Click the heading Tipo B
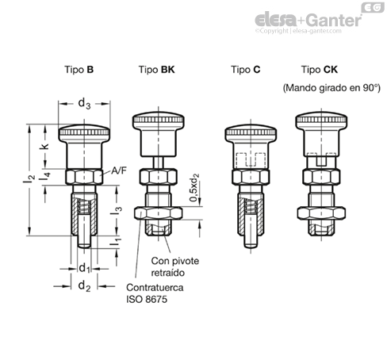79,70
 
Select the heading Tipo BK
157,70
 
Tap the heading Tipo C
246,70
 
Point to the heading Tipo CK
320,70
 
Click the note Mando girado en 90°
331,88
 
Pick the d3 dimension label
84,104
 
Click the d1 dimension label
84,268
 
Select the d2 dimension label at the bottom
84,286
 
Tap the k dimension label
44,146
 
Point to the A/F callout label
119,170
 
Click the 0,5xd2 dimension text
194,188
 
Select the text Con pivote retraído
175,266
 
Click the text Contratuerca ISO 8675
155,293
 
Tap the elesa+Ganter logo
308,21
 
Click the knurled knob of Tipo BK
159,121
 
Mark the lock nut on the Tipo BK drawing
159,213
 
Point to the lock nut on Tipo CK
321,213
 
